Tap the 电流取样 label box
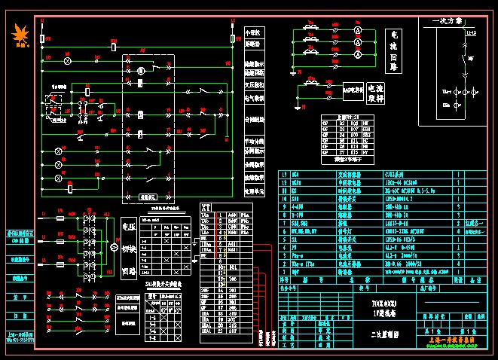point(374,91)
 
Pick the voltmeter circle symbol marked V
point(114,246)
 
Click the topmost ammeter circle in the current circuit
point(359,29)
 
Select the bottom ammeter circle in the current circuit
point(359,55)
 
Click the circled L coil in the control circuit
point(140,70)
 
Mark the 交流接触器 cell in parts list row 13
point(359,173)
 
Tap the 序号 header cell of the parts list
point(284,279)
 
